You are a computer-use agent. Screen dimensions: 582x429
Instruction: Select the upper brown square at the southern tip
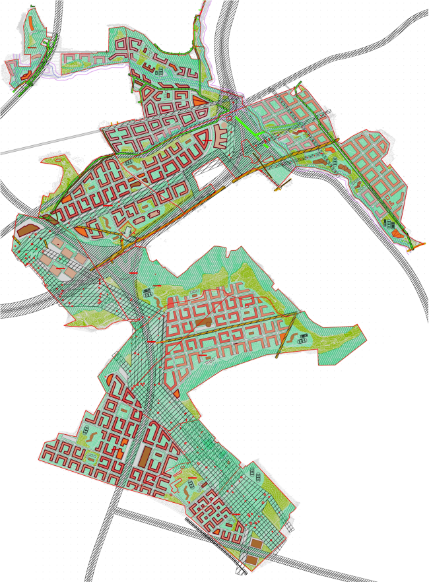pyautogui.click(x=255, y=544)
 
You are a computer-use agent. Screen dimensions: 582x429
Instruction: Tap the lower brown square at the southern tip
pyautogui.click(x=251, y=561)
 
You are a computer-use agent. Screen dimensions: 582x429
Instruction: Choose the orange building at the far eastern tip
pyautogui.click(x=397, y=233)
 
